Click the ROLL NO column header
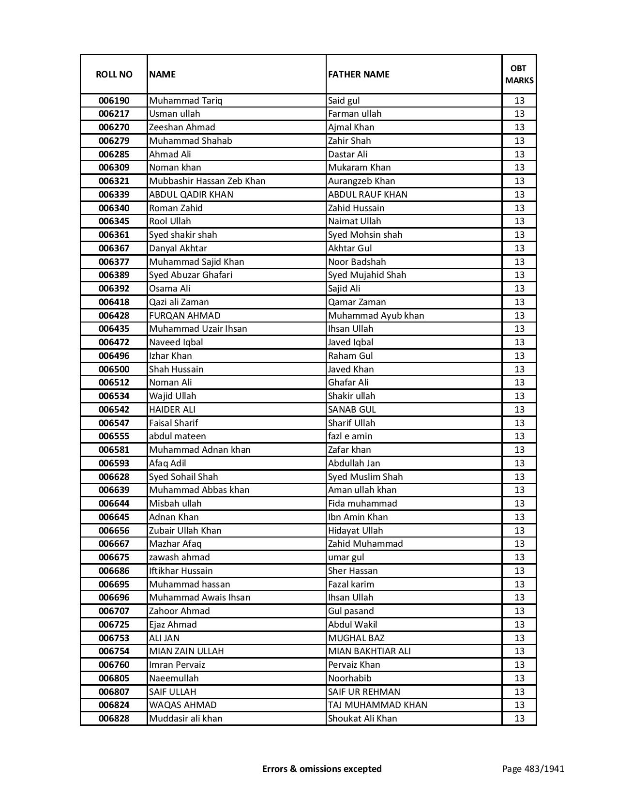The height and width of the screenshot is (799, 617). (x=114, y=74)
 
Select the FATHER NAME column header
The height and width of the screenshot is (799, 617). (x=359, y=74)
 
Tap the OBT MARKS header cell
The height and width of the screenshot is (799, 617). (x=519, y=74)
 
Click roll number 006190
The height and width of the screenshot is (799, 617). (x=114, y=101)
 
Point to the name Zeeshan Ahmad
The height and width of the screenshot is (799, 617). (x=182, y=127)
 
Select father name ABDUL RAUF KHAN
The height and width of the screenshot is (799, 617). (x=367, y=195)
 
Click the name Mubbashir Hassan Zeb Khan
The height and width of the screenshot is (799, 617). (x=207, y=181)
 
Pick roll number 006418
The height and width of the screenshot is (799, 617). (x=114, y=302)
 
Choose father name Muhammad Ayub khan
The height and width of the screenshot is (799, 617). (x=376, y=316)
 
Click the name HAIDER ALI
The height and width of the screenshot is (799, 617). (x=172, y=410)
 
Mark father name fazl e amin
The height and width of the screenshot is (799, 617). (x=350, y=436)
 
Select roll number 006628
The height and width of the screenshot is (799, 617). (x=114, y=477)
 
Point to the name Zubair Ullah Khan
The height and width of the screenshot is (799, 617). (x=185, y=531)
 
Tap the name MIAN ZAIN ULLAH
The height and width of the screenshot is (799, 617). (x=186, y=651)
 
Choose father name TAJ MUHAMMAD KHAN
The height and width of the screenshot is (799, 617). (x=377, y=705)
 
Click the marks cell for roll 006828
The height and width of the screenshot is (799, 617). (x=519, y=719)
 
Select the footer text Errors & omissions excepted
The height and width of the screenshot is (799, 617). (x=322, y=768)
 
